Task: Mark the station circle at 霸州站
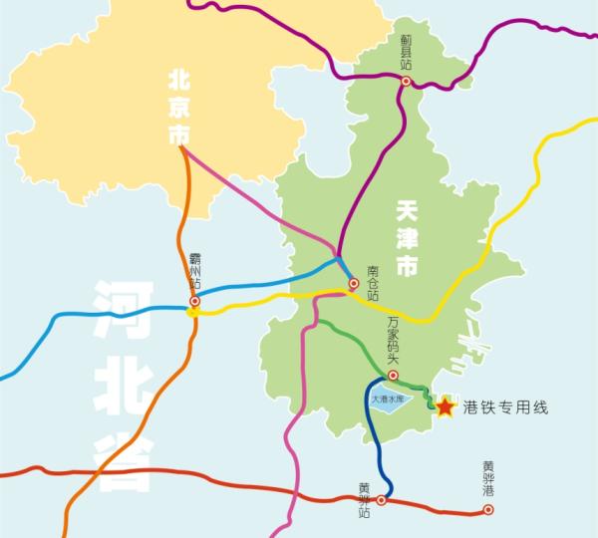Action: pyautogui.click(x=195, y=301)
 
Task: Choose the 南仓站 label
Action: pyautogui.click(x=373, y=282)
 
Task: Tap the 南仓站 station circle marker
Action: pyautogui.click(x=353, y=285)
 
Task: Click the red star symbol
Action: pyautogui.click(x=445, y=406)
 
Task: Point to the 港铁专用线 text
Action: pyautogui.click(x=506, y=407)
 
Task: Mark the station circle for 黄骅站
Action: pyautogui.click(x=382, y=500)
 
